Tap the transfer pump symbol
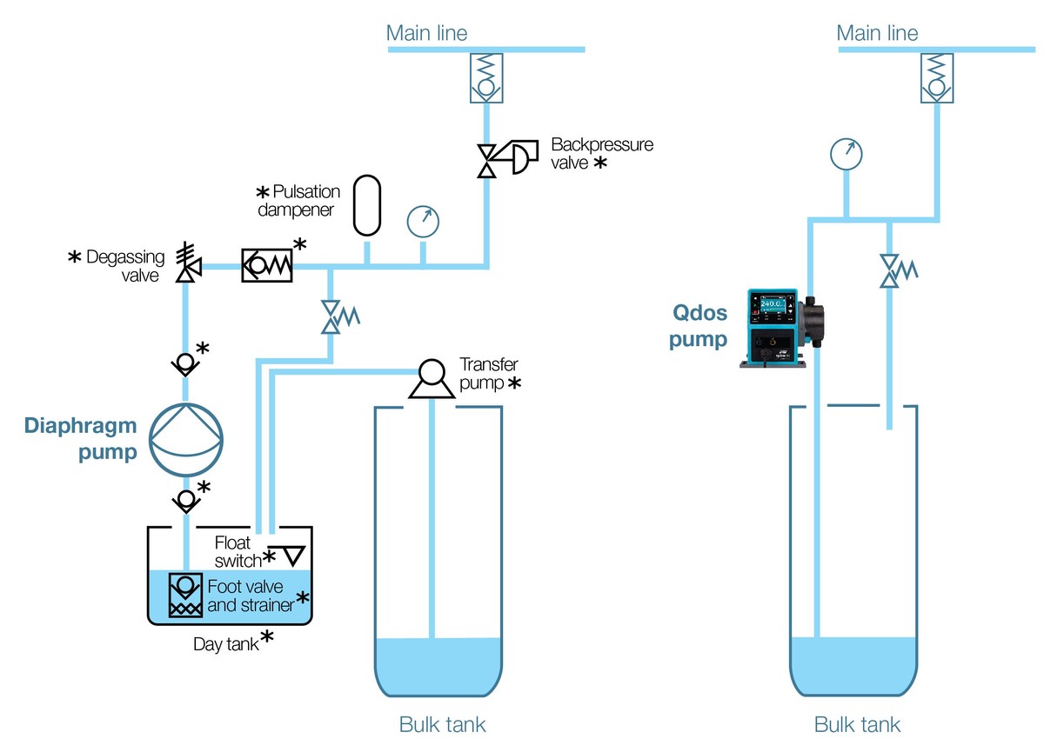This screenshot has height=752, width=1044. click(x=432, y=380)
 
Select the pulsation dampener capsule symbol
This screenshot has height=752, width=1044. click(x=366, y=205)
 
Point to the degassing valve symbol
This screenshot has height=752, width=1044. click(x=185, y=262)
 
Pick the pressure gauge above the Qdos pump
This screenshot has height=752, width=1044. click(x=846, y=154)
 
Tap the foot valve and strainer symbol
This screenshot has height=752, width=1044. click(x=185, y=594)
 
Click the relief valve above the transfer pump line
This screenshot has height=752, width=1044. click(x=334, y=317)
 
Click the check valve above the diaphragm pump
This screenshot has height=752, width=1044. click(x=185, y=363)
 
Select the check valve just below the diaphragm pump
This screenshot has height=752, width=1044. click(x=185, y=499)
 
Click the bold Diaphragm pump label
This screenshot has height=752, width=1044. click(x=81, y=439)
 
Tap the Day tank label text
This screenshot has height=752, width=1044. click(x=226, y=645)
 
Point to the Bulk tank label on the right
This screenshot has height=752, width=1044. click(x=857, y=724)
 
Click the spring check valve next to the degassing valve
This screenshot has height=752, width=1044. click(x=267, y=265)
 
